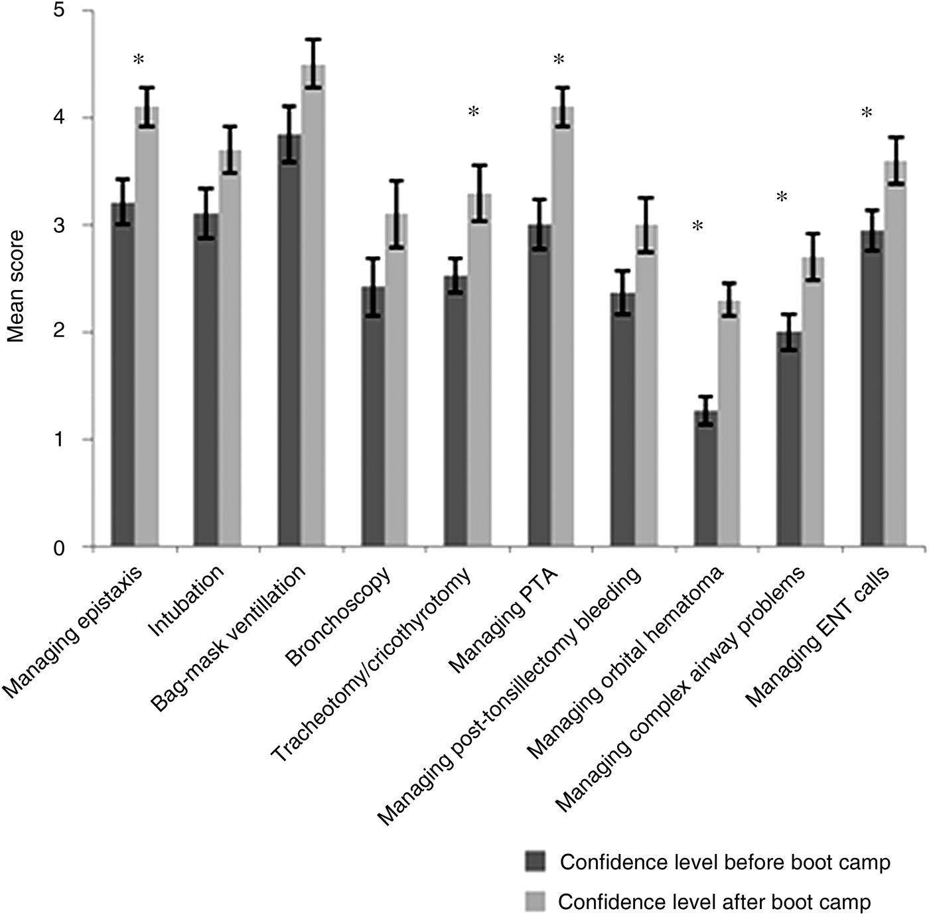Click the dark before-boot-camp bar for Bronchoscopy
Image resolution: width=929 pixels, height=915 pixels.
pyautogui.click(x=372, y=418)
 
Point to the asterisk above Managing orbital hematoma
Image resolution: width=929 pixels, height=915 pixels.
pyautogui.click(x=697, y=226)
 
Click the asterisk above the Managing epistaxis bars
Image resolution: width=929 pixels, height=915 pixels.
pyautogui.click(x=138, y=60)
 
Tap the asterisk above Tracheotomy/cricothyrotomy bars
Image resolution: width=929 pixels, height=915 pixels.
pyautogui.click(x=473, y=111)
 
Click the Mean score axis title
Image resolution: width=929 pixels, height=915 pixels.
pyautogui.click(x=16, y=285)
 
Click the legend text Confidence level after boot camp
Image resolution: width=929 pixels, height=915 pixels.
pyautogui.click(x=714, y=902)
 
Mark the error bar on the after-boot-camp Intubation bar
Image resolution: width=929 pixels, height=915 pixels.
pyautogui.click(x=230, y=149)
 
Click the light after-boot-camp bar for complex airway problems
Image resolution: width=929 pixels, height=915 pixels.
pyautogui.click(x=813, y=405)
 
